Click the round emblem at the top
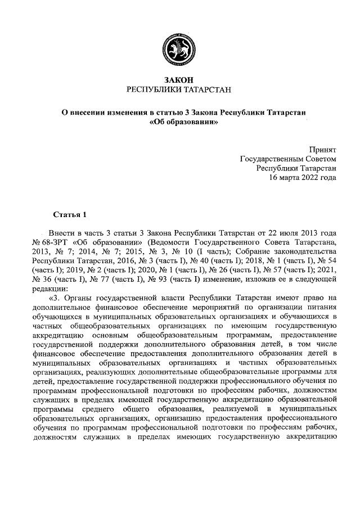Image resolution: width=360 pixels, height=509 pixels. pyautogui.click(x=179, y=49)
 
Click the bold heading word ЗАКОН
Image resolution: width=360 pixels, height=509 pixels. pyautogui.click(x=179, y=80)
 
